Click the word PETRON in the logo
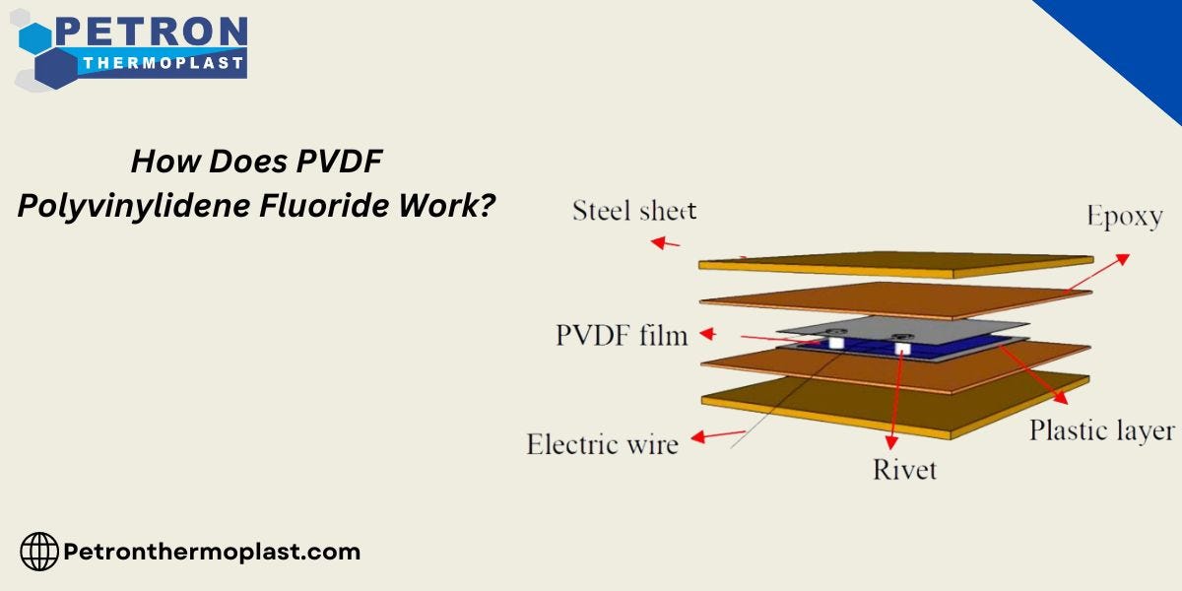151,31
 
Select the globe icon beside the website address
39,552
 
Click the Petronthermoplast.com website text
212,552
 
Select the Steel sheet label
633,211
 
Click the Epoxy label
1124,216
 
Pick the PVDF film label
621,335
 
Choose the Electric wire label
602,444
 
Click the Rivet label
904,469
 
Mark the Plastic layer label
1101,430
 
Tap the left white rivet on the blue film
835,343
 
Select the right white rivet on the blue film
902,347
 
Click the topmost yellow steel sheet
896,262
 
